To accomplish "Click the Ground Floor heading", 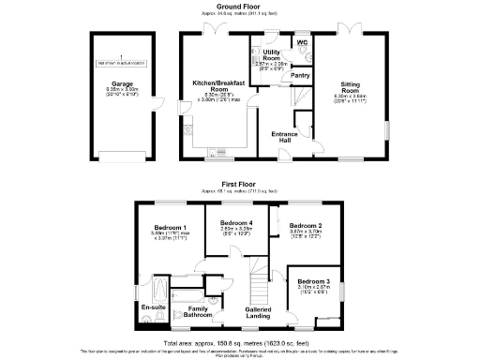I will (239, 7).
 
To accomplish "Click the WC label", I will (302, 41).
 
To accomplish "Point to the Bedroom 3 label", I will (314, 281).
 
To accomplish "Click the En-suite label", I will (152, 307).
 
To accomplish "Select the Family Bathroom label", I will (198, 312).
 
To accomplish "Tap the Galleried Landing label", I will (258, 312).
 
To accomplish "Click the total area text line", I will (239, 344).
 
